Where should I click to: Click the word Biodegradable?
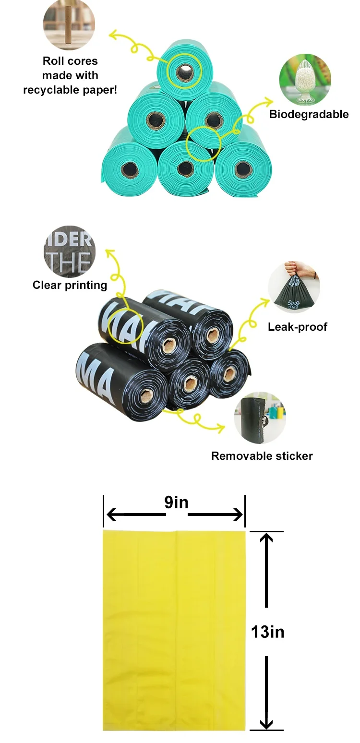pos(309,114)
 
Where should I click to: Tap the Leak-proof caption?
pos(297,327)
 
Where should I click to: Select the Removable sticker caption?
pos(262,456)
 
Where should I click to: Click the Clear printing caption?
pos(70,285)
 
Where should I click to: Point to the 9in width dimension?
pos(176,503)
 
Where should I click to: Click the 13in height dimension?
pos(267,632)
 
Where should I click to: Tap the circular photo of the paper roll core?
pos(69,25)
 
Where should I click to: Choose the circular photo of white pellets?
pos(305,80)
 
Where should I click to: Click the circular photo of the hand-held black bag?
pos(294,288)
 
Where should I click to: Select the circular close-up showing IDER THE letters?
pos(70,252)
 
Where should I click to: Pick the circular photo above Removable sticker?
pos(260,418)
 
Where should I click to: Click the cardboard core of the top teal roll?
pos(183,73)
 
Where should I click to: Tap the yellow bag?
pos(174,630)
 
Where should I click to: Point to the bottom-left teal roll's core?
pos(129,169)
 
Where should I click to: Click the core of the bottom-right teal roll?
pos(243,168)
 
